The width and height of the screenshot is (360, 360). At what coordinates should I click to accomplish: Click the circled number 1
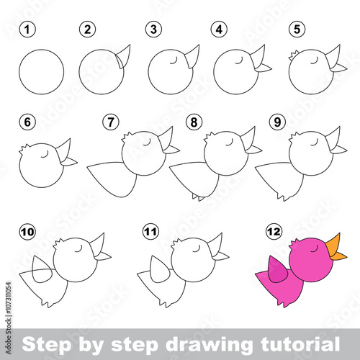27,30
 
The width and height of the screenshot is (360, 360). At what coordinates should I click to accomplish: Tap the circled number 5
297,30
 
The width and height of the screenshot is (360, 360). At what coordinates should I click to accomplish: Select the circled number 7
111,122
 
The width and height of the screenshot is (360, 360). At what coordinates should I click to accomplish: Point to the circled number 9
277,122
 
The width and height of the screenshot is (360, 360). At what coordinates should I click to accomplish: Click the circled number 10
27,232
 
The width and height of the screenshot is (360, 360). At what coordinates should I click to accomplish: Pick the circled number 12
274,232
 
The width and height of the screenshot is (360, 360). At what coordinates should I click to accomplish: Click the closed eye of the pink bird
315,249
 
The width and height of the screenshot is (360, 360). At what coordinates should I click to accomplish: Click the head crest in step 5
293,55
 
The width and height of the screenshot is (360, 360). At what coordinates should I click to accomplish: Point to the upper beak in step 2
124,55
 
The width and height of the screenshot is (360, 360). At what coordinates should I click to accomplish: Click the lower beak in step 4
264,68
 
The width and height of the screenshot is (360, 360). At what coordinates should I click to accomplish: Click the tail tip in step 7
88,166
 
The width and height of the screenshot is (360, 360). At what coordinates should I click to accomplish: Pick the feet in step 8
198,197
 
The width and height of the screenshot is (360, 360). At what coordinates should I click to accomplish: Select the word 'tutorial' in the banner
300,343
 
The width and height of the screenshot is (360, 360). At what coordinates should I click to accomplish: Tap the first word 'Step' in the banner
47,345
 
